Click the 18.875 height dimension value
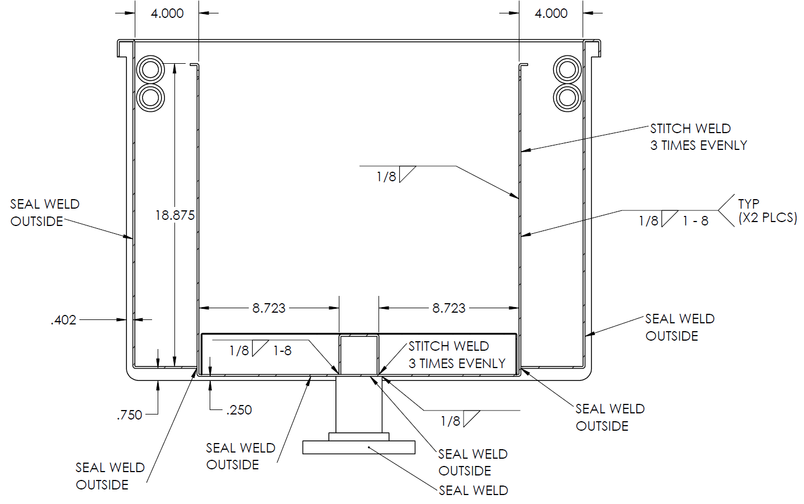pos(174,215)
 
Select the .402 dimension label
pos(63,320)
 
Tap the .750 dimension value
pos(129,415)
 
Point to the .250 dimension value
pos(239,410)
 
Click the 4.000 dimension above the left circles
pos(167,13)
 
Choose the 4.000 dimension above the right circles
pos(551,13)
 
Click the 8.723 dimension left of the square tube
pos(268,308)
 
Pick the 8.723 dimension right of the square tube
pos(448,308)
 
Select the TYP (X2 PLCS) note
pos(767,211)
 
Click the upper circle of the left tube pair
pos(150,70)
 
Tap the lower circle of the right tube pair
pos(567,98)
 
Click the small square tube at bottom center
pos(359,355)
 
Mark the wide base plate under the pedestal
pos(359,448)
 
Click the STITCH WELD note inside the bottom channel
pos(456,355)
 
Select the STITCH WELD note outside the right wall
pos(698,137)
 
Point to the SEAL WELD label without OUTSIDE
pos(473,491)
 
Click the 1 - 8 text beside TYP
pos(695,221)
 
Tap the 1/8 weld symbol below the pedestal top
pos(451,421)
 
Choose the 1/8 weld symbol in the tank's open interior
pos(386,177)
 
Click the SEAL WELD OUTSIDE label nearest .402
pos(45,213)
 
